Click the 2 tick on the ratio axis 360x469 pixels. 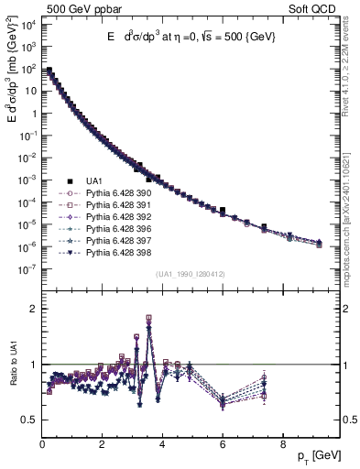click(x=32, y=309)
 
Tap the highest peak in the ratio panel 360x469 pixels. click(x=148, y=318)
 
